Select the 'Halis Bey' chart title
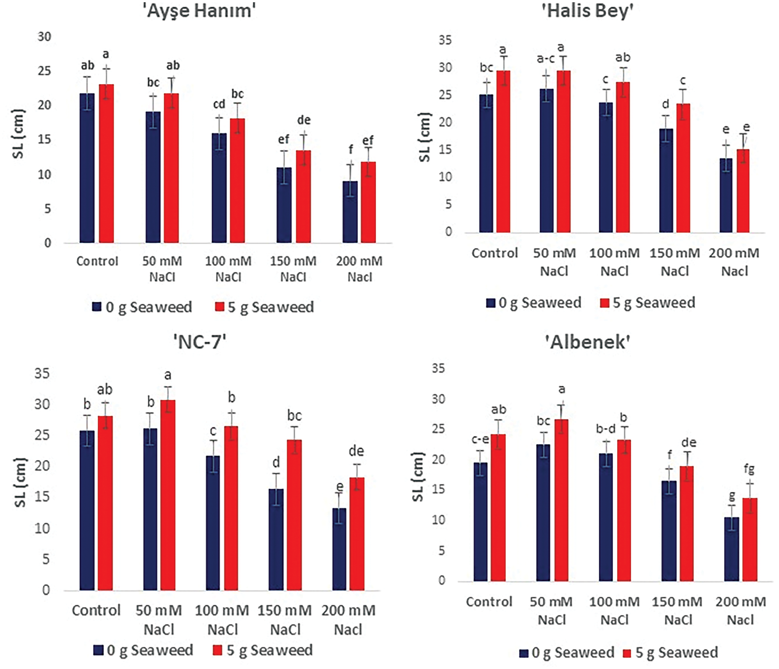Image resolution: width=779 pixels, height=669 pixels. pos(588,11)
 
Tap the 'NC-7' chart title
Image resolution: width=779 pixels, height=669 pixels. pos(200,342)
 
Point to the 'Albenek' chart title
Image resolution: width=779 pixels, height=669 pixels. pos(588,342)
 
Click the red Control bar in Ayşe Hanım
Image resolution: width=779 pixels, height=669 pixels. pos(106,164)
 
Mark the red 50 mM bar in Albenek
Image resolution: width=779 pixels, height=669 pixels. pos(561,500)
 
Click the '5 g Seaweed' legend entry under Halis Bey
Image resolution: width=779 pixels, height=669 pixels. pos(648,303)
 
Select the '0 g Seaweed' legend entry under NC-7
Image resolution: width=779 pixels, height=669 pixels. pos(144,650)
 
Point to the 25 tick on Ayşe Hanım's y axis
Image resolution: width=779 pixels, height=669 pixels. pos(44,71)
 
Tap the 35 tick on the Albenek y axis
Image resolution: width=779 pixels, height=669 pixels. pos(438,368)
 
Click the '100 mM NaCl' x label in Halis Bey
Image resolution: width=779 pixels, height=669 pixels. pos(614,262)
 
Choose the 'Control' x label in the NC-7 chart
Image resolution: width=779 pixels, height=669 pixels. pos(96,611)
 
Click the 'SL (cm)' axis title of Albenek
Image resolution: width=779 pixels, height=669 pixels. pos(418,476)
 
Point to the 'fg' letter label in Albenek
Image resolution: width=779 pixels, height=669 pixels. pos(749,468)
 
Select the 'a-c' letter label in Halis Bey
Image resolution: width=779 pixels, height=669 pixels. pos(546,58)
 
